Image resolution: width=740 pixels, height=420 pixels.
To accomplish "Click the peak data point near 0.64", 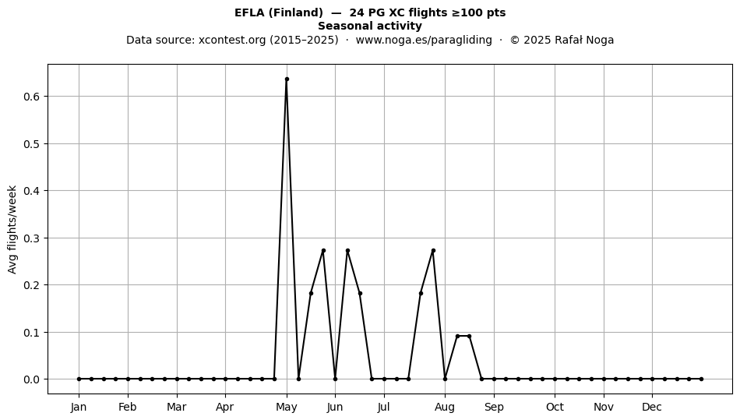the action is pos(287,79).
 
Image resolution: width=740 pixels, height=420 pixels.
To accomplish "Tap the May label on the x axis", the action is pos(287,408).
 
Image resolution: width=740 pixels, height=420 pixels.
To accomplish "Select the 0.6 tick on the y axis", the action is pos(32,97).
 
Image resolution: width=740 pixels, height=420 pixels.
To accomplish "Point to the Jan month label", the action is pos(79,408).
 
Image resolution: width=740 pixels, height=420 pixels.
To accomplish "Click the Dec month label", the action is pos(652,408).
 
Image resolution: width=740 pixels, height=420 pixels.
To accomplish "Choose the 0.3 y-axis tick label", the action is pos(32,238).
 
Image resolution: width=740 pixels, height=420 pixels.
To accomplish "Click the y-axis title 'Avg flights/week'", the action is pos(12,229).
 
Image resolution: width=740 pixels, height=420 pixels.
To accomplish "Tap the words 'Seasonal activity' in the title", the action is pos(370,26).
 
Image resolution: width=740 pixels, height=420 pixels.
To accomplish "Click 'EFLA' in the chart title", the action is pos(250,12).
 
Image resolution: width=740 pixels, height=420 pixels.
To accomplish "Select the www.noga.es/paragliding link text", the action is pos(424,40).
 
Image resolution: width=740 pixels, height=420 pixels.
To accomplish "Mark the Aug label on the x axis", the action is pos(445,408).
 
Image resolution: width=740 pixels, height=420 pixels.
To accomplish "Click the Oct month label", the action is pos(555,408).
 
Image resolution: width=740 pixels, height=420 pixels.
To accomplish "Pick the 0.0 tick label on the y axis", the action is pos(32,379).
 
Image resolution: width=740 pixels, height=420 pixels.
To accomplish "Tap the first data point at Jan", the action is pos(79,379).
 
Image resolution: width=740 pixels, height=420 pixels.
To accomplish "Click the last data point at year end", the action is pos(701,379).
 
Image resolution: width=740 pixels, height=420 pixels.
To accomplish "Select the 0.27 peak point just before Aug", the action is pos(433,251).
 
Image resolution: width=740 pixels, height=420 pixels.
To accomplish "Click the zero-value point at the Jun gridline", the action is pos(335,379).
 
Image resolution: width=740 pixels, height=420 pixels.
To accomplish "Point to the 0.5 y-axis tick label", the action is pos(32,143).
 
